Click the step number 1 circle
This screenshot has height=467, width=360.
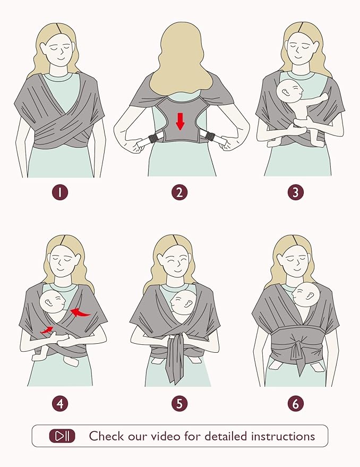[x=60, y=192]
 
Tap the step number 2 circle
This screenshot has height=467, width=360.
[x=179, y=192]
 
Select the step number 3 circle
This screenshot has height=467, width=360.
[x=295, y=192]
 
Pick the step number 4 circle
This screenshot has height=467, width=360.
[x=60, y=403]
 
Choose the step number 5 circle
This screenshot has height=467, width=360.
[x=179, y=403]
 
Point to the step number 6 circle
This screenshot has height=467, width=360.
[x=295, y=403]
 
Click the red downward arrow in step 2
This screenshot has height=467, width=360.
[x=180, y=121]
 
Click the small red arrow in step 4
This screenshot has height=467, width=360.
[x=47, y=330]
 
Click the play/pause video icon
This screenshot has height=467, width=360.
[x=62, y=436]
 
